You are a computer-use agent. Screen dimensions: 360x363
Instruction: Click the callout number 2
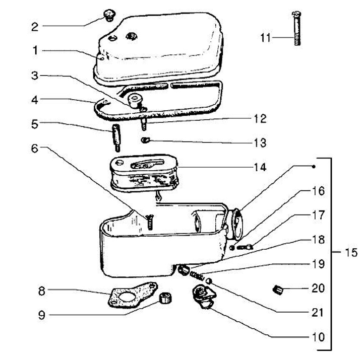(34, 27)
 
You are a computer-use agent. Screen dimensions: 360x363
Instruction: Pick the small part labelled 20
(277, 289)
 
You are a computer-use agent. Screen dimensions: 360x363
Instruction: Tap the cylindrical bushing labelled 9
(164, 298)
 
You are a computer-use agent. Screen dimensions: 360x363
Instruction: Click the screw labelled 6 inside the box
(150, 222)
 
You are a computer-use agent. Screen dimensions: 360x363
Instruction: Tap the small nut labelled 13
(145, 139)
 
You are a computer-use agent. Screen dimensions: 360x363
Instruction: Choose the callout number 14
(260, 167)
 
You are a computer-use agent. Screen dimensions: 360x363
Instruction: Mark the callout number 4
(34, 100)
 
